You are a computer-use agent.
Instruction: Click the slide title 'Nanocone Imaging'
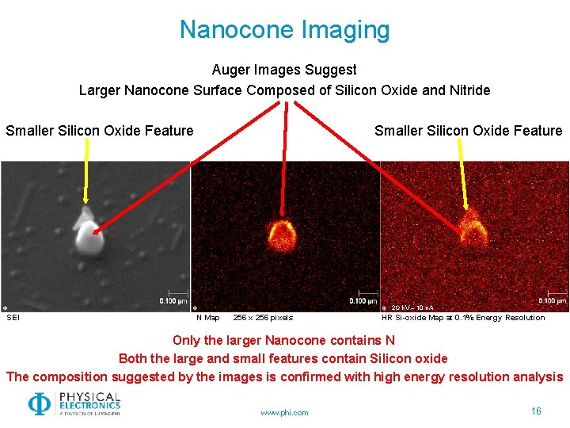coord(284,30)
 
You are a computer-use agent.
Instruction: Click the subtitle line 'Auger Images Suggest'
coord(284,70)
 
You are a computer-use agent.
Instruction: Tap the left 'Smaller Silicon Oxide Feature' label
coord(100,131)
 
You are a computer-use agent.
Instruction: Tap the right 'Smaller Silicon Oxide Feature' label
coord(468,131)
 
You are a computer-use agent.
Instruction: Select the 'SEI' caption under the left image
coord(13,318)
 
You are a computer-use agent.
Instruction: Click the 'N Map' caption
coord(208,318)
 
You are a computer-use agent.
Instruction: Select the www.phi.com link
coord(284,412)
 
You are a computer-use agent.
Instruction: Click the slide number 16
coord(536,411)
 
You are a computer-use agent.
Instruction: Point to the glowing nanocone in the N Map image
coord(280,233)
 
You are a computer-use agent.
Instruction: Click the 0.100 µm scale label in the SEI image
coord(173,301)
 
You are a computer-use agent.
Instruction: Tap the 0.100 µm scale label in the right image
coord(552,301)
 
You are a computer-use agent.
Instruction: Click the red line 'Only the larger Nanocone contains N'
coord(284,341)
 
